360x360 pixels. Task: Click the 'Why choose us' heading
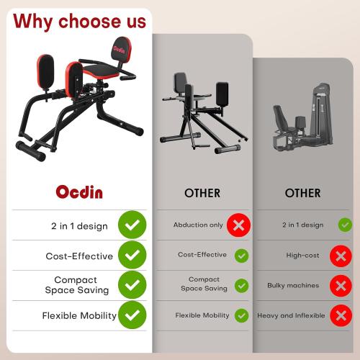point(79,21)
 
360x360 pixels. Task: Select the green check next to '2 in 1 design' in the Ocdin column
point(132,225)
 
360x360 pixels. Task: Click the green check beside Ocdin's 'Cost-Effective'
point(132,256)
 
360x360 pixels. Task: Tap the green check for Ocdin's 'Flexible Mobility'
point(132,315)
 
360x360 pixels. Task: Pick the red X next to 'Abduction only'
point(239,225)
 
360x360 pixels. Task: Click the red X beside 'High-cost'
point(340,256)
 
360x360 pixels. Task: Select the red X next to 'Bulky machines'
point(340,285)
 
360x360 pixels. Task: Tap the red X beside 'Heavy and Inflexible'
point(340,315)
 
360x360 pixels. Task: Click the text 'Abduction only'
point(198,225)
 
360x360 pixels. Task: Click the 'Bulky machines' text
point(292,285)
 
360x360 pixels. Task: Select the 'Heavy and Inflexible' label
point(291,315)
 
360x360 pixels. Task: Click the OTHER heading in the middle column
point(202,193)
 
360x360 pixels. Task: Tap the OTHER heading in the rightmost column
point(302,193)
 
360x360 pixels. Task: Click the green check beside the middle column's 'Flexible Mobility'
point(241,315)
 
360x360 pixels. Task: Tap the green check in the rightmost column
point(345,225)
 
